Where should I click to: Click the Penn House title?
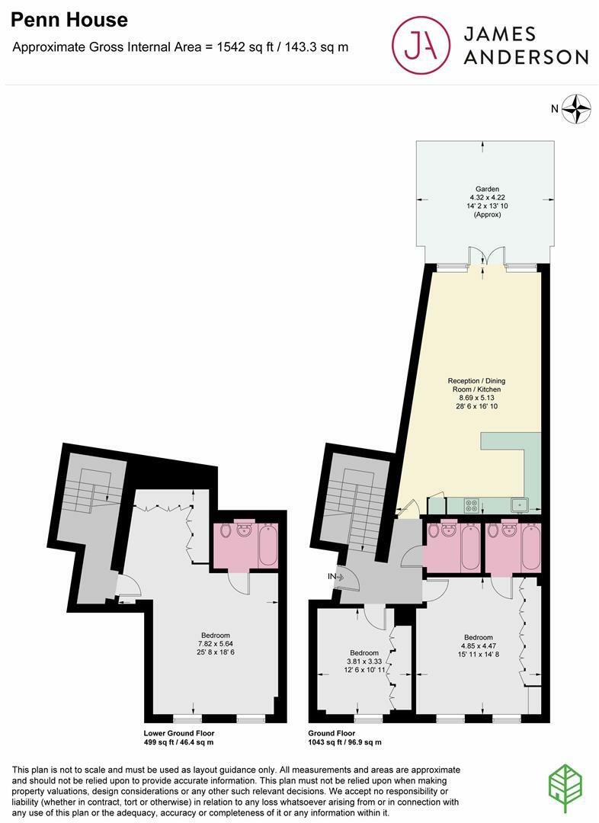click(69, 20)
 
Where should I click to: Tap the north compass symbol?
click(578, 108)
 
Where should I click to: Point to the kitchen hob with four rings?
click(471, 504)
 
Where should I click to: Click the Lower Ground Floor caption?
click(179, 733)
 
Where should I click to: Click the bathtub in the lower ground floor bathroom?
click(268, 545)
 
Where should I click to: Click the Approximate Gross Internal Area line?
click(181, 47)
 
